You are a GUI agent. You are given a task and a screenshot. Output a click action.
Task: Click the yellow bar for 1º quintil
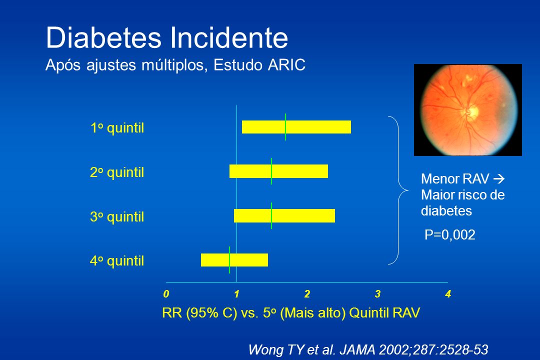(x=296, y=127)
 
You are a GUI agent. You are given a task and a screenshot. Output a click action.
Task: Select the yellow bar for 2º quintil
(x=278, y=171)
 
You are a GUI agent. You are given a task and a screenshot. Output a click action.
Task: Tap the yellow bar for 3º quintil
(x=284, y=215)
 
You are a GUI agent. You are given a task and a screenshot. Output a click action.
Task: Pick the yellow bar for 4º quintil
(x=234, y=260)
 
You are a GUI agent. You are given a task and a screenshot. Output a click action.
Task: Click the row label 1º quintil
(x=117, y=128)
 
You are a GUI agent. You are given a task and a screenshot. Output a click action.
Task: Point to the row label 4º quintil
(x=117, y=261)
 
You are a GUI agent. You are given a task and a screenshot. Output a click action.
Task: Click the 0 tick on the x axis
(x=166, y=294)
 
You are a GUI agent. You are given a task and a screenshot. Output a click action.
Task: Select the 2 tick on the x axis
(x=307, y=294)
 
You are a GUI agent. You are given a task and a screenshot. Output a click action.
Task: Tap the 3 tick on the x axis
(x=378, y=294)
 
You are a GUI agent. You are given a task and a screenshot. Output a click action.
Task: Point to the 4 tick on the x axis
(x=448, y=294)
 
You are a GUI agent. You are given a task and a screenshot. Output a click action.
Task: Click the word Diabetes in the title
(x=103, y=37)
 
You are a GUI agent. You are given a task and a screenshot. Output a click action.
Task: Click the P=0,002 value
(x=450, y=234)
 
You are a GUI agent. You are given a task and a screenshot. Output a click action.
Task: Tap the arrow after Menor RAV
(x=498, y=179)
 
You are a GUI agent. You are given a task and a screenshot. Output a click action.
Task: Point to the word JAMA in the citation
(x=357, y=349)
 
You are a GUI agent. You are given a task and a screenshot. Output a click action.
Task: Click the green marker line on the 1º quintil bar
(x=285, y=127)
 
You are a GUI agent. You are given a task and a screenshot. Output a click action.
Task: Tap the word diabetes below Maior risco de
(x=446, y=211)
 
